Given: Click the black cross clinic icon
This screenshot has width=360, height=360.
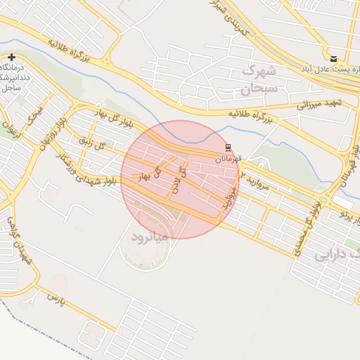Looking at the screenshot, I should (11, 57).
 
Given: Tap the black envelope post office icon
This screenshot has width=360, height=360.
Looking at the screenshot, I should (333, 58).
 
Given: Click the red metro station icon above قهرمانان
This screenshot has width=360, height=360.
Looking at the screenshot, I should (227, 147).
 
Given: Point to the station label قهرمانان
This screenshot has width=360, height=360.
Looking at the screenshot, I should (228, 159).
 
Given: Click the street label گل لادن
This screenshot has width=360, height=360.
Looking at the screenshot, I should (180, 180).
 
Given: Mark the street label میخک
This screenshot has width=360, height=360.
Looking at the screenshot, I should (36, 115).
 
